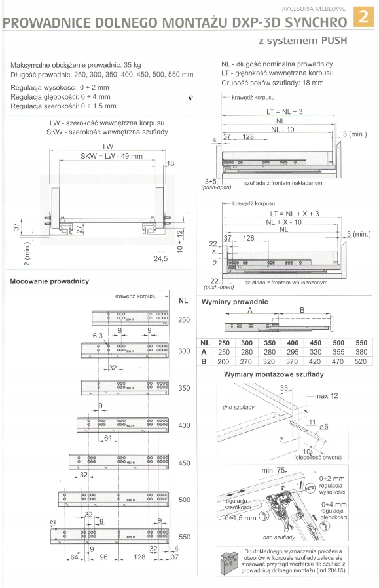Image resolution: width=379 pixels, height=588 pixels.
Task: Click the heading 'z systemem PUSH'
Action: pos(301,41)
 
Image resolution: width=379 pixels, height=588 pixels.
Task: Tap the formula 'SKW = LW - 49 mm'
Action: pos(111,156)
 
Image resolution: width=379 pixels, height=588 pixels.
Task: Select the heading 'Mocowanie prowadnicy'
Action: pos(50,281)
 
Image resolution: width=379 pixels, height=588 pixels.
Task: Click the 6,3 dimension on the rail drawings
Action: pos(98,335)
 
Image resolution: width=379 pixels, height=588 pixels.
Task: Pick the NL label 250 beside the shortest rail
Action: pos(184,319)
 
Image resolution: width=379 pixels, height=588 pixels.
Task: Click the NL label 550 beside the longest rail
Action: pos(184,536)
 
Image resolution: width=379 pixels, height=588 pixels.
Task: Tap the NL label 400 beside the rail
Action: pos(184,425)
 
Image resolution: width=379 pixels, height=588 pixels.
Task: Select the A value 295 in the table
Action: pos(292,352)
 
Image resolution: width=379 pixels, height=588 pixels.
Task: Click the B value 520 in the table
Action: pos(361,361)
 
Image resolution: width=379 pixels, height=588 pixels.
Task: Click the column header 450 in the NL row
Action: pos(315,343)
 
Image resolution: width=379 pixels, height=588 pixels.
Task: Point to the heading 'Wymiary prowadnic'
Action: pos(246,302)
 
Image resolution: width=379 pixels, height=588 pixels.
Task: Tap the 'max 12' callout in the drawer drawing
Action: pos(325,397)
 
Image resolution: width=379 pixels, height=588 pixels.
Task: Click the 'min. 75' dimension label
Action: pos(274,471)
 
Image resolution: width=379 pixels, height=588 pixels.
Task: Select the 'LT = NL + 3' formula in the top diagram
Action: pos(284,112)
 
